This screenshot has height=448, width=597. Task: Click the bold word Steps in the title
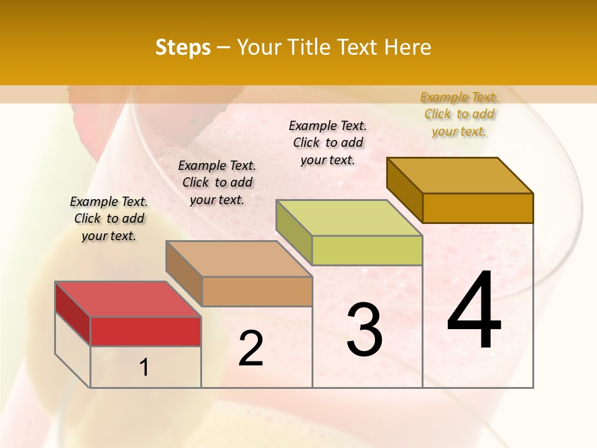183,47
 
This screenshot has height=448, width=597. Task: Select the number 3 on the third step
364,330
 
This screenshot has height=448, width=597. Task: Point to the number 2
251,348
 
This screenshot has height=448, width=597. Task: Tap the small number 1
144,368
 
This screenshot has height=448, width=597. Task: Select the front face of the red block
146,331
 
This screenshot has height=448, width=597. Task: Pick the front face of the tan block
257,291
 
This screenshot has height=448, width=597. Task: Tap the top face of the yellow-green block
349,218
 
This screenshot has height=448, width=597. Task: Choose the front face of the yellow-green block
367,250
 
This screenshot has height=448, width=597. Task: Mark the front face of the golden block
478,208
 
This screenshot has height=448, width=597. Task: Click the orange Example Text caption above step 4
459,114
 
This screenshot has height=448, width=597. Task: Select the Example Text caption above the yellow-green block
328,142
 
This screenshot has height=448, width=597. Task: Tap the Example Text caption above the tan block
217,182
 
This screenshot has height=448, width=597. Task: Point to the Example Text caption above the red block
109,218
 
